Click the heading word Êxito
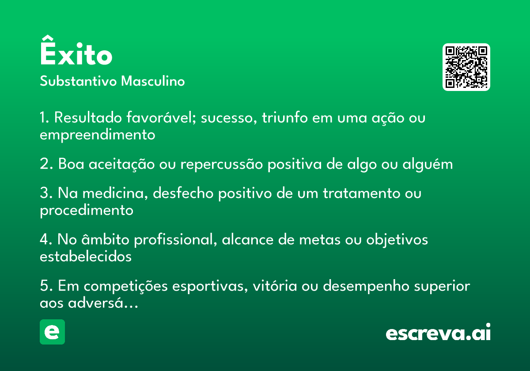click(x=76, y=50)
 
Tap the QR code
click(x=466, y=67)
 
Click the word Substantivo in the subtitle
click(x=78, y=81)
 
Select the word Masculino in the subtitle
click(x=153, y=81)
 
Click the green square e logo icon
click(x=52, y=332)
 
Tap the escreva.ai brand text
click(x=438, y=332)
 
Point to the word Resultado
click(x=88, y=117)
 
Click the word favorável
click(x=161, y=117)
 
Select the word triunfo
click(x=284, y=117)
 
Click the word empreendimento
click(x=98, y=135)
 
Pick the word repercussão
click(x=222, y=164)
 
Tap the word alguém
click(x=428, y=164)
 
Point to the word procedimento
click(x=87, y=211)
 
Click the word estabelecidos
click(x=86, y=257)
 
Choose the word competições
click(x=126, y=286)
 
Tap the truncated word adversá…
click(x=103, y=303)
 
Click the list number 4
click(x=45, y=239)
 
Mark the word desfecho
click(x=183, y=193)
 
